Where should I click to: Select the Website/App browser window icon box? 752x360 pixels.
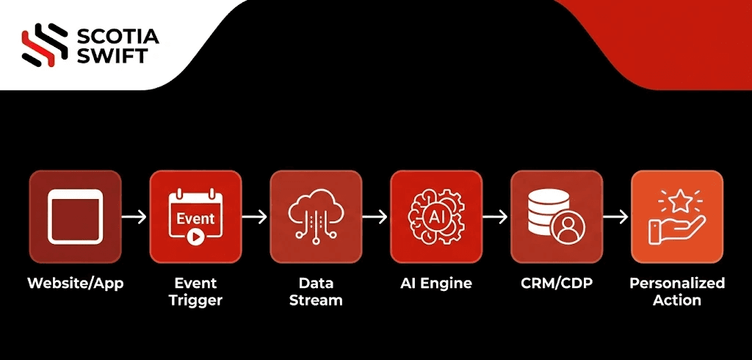point(75,217)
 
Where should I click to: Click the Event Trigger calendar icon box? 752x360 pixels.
point(195,217)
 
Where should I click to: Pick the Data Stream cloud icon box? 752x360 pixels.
point(316,217)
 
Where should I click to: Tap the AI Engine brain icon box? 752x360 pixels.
point(436,217)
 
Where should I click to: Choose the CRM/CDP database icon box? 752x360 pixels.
point(557,217)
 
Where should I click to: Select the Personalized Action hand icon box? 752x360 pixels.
point(677,217)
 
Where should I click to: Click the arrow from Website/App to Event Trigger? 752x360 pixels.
point(135,217)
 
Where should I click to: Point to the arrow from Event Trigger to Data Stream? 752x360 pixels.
point(256,217)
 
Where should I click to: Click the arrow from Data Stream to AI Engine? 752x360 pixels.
point(376,217)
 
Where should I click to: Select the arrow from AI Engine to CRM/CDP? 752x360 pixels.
point(496,217)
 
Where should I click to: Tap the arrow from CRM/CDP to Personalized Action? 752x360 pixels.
point(617,217)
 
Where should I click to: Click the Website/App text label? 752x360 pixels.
point(75,283)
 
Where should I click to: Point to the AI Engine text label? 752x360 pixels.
point(436,283)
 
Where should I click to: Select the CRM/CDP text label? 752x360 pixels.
point(557,283)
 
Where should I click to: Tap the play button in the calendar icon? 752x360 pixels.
point(195,237)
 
